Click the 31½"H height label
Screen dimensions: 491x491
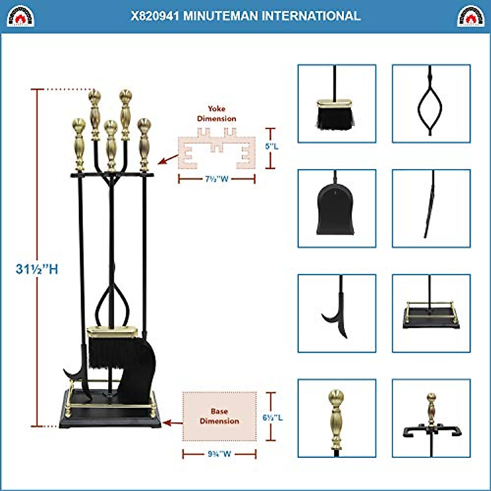coord(37,269)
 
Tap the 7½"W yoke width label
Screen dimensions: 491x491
coord(217,179)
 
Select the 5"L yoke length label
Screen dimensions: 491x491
coord(272,146)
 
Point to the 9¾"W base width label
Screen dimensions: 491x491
coord(219,454)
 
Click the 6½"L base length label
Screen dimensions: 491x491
coord(273,418)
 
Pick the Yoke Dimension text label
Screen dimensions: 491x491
coord(216,114)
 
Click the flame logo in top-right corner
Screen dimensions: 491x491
coord(471,16)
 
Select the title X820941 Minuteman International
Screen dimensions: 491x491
coord(245,16)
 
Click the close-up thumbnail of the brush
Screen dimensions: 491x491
coord(336,104)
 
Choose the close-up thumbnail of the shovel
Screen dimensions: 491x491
coord(336,208)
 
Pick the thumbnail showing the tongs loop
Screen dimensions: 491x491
coord(431,104)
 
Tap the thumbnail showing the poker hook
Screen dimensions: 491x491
coord(336,313)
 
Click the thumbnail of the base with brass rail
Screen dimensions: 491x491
coord(431,313)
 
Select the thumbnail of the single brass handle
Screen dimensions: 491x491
coord(336,418)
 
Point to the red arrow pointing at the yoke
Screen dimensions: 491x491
coord(168,159)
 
